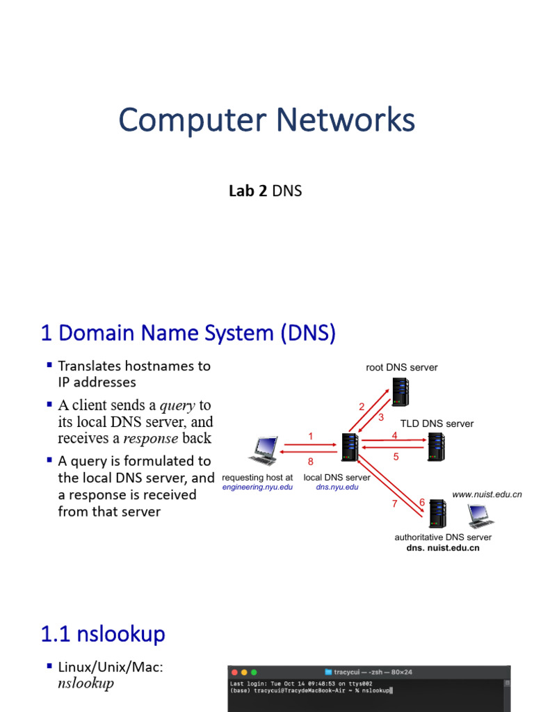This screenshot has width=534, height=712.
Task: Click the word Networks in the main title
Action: pyautogui.click(x=346, y=120)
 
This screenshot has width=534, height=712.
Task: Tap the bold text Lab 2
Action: pyautogui.click(x=248, y=191)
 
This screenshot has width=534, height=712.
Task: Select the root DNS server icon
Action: pyautogui.click(x=400, y=392)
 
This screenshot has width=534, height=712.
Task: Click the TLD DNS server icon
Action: pyautogui.click(x=436, y=447)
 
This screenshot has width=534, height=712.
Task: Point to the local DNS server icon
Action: pyautogui.click(x=350, y=447)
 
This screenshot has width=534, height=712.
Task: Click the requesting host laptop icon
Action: pyautogui.click(x=264, y=451)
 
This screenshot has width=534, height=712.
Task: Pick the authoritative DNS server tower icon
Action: pyautogui.click(x=437, y=514)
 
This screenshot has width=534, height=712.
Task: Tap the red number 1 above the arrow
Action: pyautogui.click(x=311, y=437)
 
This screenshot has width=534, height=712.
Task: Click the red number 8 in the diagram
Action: pyautogui.click(x=311, y=462)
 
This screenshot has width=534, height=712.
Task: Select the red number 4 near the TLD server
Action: pyautogui.click(x=395, y=435)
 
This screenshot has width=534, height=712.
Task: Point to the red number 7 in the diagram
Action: pyautogui.click(x=395, y=503)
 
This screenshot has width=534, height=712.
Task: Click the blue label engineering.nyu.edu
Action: pyautogui.click(x=257, y=487)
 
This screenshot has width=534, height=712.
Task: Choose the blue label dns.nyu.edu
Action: pyautogui.click(x=337, y=487)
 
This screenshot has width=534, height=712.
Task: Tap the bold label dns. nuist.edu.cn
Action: pyautogui.click(x=443, y=548)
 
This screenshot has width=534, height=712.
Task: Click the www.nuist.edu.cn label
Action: pyautogui.click(x=487, y=494)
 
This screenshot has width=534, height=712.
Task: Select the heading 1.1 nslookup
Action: pyautogui.click(x=103, y=634)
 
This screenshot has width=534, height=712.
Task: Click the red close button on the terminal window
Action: pyautogui.click(x=235, y=672)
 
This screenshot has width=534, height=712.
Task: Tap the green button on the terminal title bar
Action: pyautogui.click(x=254, y=672)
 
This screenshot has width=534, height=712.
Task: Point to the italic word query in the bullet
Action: pyautogui.click(x=177, y=405)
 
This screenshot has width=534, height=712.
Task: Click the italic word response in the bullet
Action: pyautogui.click(x=151, y=439)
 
